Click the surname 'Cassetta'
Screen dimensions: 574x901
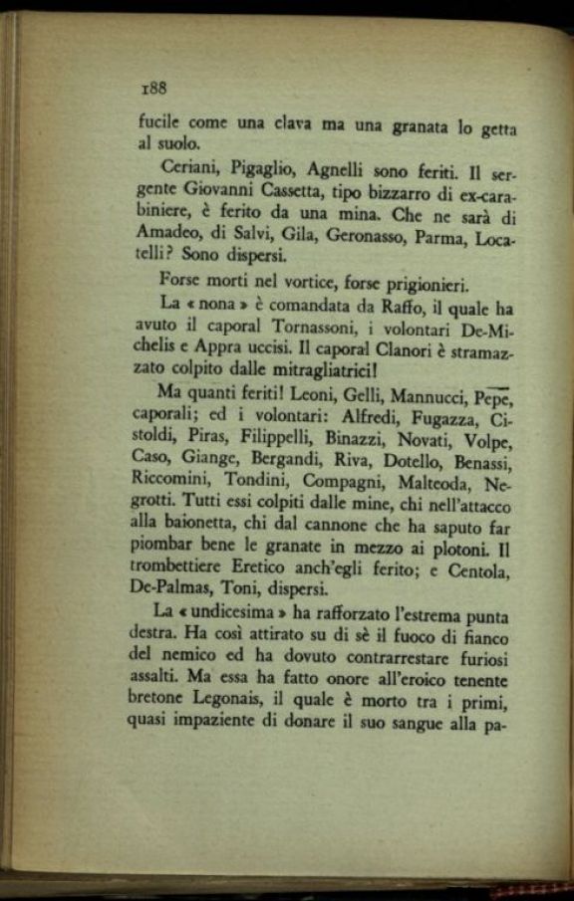[x=308, y=190]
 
